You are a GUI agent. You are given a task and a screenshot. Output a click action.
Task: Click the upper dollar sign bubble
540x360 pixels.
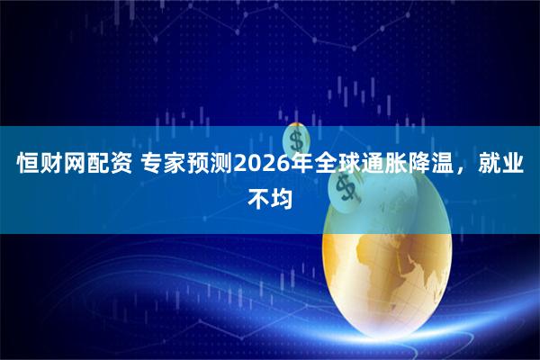pyautogui.click(x=296, y=139)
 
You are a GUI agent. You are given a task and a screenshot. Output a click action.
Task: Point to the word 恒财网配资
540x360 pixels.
pyautogui.click(x=69, y=166)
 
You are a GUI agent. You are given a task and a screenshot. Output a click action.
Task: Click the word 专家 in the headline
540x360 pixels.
pyautogui.click(x=158, y=166)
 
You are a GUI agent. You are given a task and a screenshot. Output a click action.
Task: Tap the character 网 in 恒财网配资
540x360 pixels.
pyautogui.click(x=69, y=166)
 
